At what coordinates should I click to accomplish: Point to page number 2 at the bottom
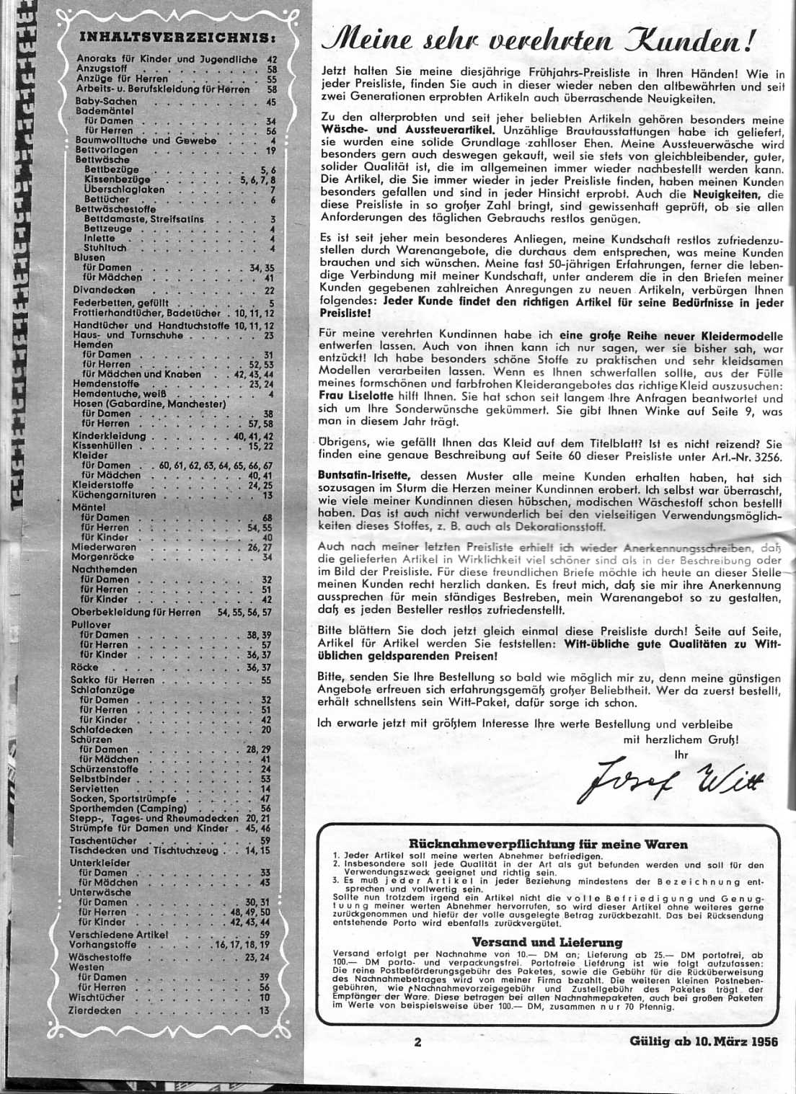[417, 1041]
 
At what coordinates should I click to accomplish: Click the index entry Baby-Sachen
[106, 102]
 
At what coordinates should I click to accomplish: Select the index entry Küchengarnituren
[114, 496]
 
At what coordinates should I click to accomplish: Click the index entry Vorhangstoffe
[104, 944]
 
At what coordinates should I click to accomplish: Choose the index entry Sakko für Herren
[113, 680]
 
